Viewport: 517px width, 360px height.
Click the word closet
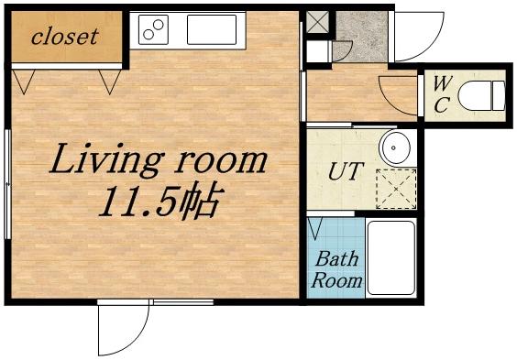pyautogui.click(x=64, y=37)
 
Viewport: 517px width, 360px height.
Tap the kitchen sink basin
pyautogui.click(x=212, y=29)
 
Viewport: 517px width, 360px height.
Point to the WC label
pyautogui.click(x=441, y=94)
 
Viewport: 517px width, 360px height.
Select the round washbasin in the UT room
pyautogui.click(x=395, y=147)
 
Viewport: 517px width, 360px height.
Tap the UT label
pyautogui.click(x=346, y=171)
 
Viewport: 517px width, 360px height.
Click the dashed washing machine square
pyautogui.click(x=396, y=189)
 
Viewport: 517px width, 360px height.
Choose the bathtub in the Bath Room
pyautogui.click(x=391, y=258)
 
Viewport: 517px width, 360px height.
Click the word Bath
pyautogui.click(x=336, y=259)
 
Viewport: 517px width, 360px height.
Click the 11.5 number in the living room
pyautogui.click(x=138, y=202)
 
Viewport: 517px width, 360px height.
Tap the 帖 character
pyautogui.click(x=201, y=201)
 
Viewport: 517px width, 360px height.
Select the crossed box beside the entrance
pyautogui.click(x=317, y=22)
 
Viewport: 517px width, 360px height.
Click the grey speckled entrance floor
pyautogui.click(x=362, y=37)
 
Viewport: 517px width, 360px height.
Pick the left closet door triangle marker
pyautogui.click(x=24, y=82)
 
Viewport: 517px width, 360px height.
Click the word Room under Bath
pyautogui.click(x=336, y=281)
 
